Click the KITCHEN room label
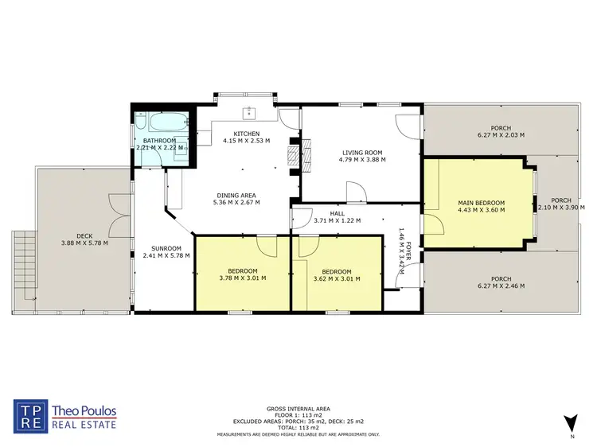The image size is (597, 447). tap(246, 133)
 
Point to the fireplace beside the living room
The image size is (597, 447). tap(295, 154)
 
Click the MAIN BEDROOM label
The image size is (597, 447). tap(481, 203)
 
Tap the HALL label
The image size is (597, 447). tap(338, 214)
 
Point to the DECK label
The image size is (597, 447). tap(84, 235)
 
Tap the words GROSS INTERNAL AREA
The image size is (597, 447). tap(298, 407)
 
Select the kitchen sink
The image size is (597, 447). tap(249, 111)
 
